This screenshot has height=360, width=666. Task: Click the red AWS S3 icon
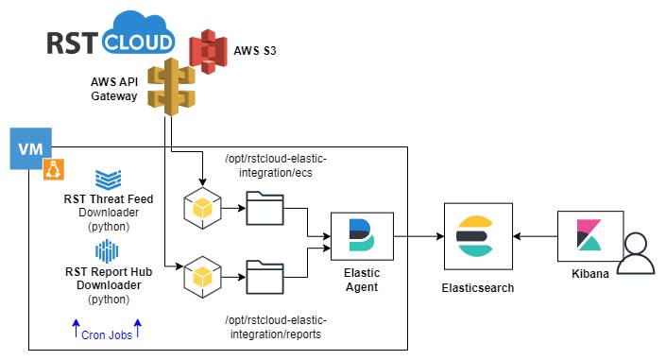[208, 51]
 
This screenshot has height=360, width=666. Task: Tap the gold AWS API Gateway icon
[171, 87]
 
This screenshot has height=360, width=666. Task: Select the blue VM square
[31, 148]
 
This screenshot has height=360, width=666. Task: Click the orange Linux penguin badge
[54, 169]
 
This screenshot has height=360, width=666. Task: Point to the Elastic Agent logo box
[362, 236]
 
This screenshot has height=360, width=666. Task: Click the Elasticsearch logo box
[478, 236]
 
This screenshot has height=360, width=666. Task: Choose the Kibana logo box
[590, 236]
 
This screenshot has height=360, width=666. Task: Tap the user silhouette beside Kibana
[636, 254]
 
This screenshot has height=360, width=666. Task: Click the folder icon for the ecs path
[265, 208]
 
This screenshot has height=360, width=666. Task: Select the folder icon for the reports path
[265, 277]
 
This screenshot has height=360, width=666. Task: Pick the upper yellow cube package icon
[202, 208]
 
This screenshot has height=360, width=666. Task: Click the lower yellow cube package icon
[202, 277]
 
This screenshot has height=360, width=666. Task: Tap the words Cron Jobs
[107, 335]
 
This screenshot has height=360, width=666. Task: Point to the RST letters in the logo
[72, 43]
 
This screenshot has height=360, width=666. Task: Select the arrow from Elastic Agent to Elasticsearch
[418, 236]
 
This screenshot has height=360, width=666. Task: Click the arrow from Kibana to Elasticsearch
[536, 236]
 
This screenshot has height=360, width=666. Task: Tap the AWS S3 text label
[255, 51]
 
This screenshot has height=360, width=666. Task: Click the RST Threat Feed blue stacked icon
[109, 180]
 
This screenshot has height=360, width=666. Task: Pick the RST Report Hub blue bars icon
[107, 251]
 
